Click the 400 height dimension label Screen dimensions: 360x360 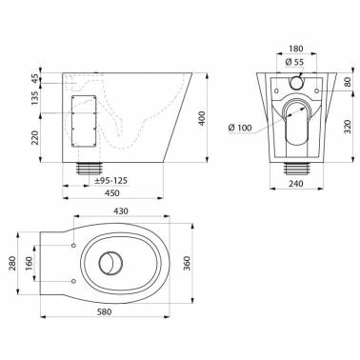coord(203,118)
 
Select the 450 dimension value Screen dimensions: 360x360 coord(111,193)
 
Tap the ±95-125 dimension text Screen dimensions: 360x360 coord(111,181)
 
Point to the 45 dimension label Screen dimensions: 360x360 coord(35,78)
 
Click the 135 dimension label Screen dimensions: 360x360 coord(35,97)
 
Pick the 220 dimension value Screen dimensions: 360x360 coord(35,137)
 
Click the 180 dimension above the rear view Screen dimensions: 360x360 coord(296,49)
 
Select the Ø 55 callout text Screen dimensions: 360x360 coord(294,62)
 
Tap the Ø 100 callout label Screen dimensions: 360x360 coord(240,128)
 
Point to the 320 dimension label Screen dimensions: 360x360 coord(348,127)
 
